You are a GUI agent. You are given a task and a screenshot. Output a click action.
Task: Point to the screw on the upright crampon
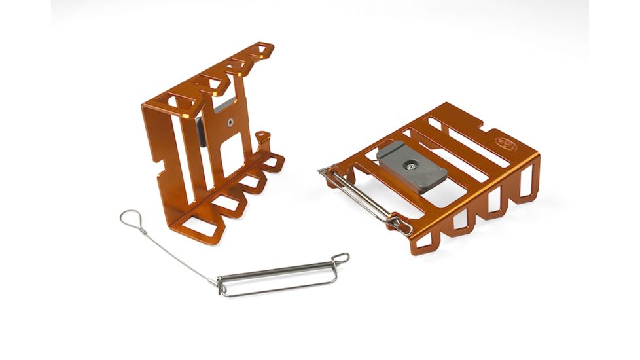pos(230,121)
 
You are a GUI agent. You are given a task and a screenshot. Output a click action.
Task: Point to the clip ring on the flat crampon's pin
pos(400,225)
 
